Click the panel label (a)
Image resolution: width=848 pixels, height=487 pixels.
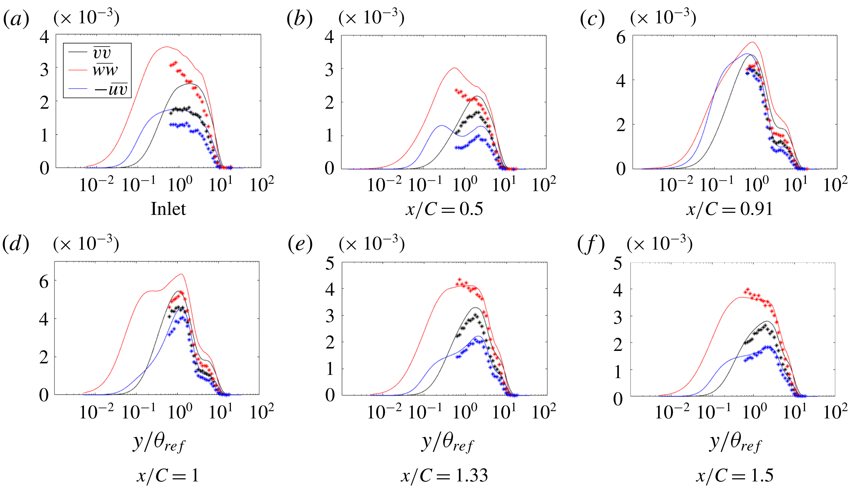(x=16, y=19)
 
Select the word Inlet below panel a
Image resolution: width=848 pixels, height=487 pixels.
(x=168, y=209)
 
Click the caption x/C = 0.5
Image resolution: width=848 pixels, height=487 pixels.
(x=444, y=209)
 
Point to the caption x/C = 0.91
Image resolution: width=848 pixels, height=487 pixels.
(x=730, y=209)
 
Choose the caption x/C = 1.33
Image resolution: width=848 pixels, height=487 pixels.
(x=444, y=475)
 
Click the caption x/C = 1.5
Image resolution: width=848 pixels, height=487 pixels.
(x=735, y=475)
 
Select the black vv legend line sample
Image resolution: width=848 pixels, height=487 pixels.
(x=78, y=52)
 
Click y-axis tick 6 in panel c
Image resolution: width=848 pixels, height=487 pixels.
(x=621, y=38)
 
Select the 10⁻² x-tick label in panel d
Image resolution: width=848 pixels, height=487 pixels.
(x=96, y=412)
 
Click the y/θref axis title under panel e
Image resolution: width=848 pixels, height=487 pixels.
(x=447, y=443)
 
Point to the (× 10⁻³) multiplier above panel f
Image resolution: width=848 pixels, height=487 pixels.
(x=659, y=244)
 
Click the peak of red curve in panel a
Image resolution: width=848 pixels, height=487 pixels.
(x=167, y=47)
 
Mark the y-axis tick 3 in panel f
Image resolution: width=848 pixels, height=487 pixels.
(x=618, y=317)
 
